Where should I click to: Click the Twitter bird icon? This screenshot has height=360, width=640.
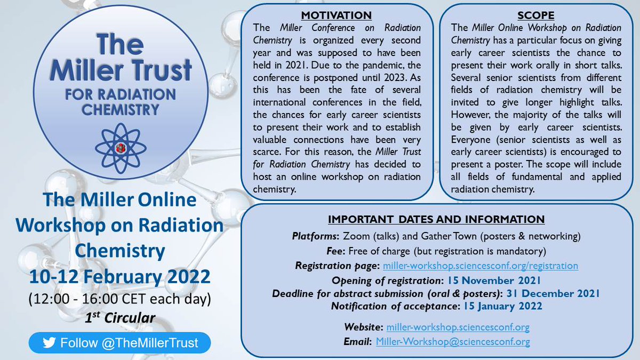click(50, 342)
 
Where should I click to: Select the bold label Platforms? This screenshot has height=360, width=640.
click(314, 235)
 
